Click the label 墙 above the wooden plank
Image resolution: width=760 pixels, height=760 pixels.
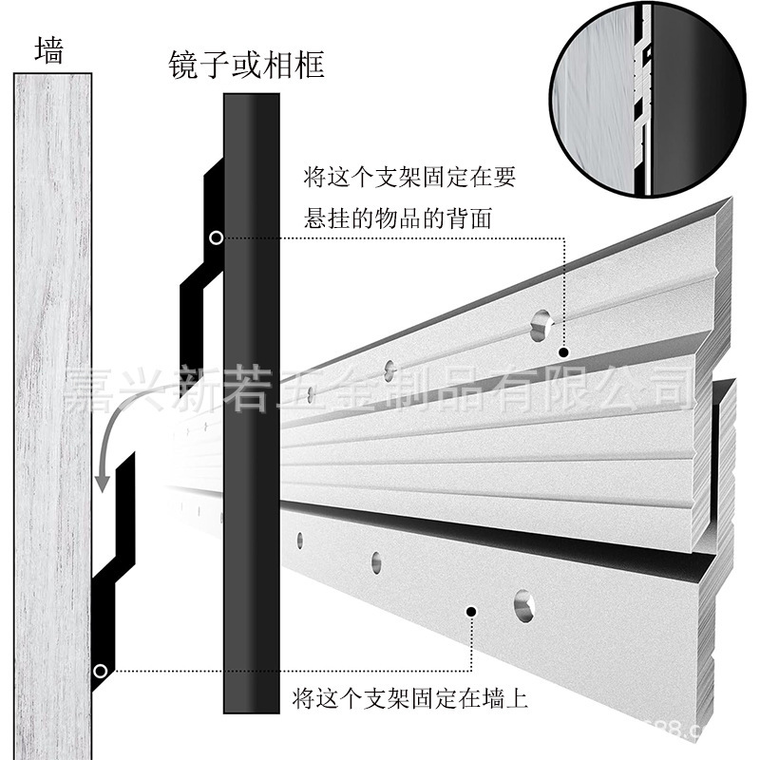48,49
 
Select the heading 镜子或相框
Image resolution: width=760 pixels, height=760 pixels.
246,65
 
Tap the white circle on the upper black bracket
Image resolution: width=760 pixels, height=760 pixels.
218,237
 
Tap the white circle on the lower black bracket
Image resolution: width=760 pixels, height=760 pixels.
100,672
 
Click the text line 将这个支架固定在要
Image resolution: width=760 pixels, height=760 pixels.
409,178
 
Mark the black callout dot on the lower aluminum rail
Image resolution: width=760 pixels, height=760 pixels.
472,611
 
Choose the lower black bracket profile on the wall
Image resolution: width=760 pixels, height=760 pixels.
114,570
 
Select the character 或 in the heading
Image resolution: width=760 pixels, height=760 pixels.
246,65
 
